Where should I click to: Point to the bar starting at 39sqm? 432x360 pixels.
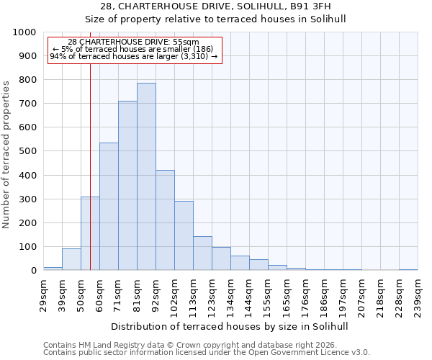point(71,259)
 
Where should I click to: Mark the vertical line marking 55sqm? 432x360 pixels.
point(90,144)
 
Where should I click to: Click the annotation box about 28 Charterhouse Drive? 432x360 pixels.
point(134,50)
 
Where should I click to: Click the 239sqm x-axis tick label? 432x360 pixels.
point(418,297)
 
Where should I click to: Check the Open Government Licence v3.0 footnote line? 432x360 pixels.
point(207,353)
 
